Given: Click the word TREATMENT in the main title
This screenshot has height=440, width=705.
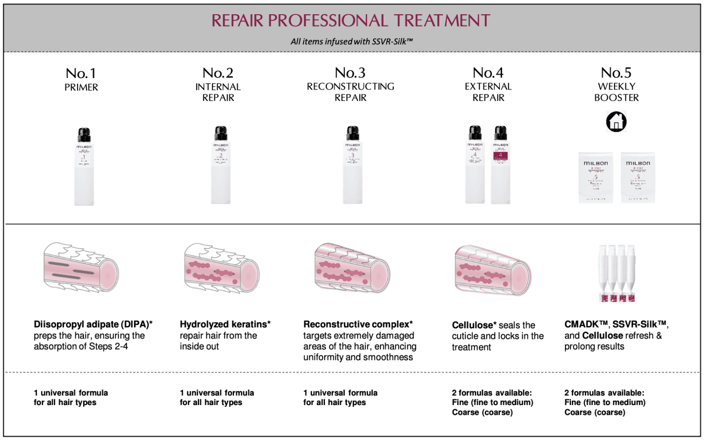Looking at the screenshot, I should coord(442,21).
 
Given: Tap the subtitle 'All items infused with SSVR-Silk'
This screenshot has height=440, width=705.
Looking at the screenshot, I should coord(351,41).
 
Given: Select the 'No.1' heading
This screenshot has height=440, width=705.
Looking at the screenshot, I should coord(81,73).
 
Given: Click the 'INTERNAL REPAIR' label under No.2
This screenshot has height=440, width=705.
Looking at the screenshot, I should coord(218,92).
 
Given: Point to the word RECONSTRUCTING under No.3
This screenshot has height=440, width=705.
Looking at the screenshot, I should coord(350,86).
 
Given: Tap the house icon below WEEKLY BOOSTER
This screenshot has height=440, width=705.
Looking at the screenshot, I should coord(616,122).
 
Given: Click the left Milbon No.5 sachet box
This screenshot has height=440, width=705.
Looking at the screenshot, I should coord(595,178).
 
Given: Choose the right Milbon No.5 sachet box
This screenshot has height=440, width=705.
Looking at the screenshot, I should coord(638,178).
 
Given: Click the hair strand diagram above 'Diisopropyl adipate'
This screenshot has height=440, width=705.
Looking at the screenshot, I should coord(81,267).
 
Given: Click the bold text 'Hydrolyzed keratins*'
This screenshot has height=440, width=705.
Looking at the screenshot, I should coord(225,324).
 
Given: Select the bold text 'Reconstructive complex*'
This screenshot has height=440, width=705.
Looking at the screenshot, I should coord(358,324).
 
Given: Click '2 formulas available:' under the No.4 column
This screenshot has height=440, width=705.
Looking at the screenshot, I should coord(492,393).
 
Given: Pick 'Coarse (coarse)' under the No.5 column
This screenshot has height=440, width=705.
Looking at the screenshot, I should coord(594,412).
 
